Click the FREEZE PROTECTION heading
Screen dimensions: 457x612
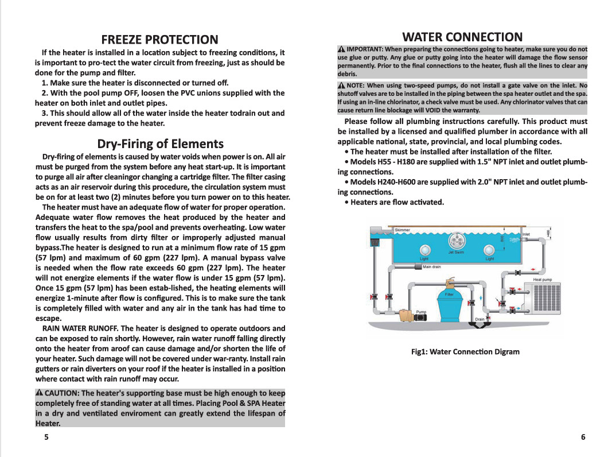[x=159, y=40]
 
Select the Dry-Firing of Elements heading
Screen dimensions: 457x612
[x=160, y=144]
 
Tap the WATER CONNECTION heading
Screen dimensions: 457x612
[x=462, y=37]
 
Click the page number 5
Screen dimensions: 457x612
[x=46, y=437]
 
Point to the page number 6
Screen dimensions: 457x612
[x=583, y=437]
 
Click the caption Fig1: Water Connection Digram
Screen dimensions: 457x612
[x=465, y=351]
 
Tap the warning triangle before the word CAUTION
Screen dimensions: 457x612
[x=39, y=393]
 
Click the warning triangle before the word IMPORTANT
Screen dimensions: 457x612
[x=341, y=49]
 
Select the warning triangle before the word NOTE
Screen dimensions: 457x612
[x=341, y=86]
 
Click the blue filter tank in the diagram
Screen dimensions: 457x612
[x=449, y=305]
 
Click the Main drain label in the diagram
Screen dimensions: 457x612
[x=431, y=267]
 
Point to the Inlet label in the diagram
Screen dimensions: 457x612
[x=526, y=234]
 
